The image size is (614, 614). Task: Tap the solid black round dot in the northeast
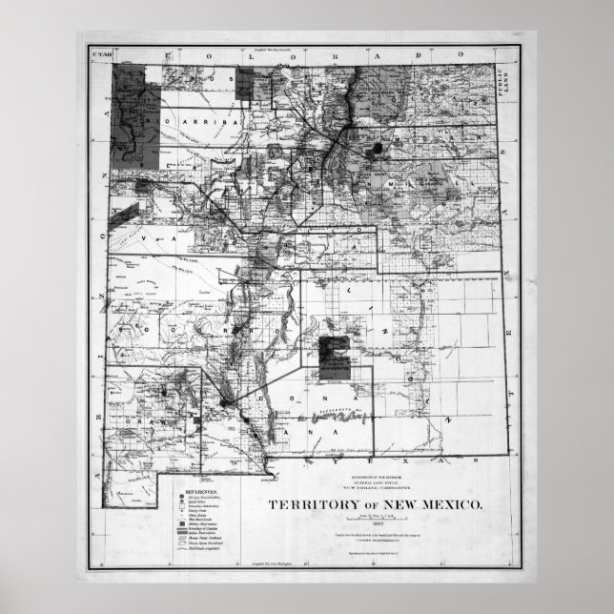381,148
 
